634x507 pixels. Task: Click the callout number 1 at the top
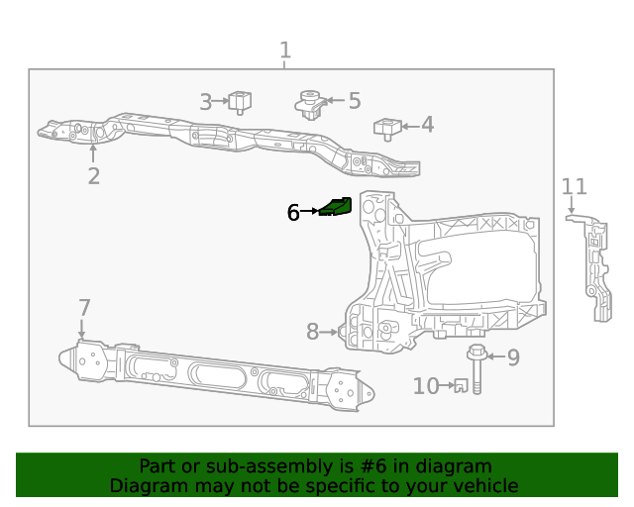(285, 51)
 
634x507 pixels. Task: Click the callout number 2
(93, 176)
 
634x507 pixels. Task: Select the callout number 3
(206, 101)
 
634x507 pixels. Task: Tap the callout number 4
(427, 125)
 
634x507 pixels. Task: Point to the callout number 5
(354, 100)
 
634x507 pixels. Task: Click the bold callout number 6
(293, 212)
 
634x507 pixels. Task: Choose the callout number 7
(84, 308)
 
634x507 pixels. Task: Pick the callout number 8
(312, 333)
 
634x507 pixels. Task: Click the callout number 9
(512, 357)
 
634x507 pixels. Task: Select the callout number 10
(426, 386)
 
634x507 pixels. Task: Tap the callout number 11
(574, 187)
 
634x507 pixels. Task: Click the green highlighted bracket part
(337, 207)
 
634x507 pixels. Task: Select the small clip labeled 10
(460, 386)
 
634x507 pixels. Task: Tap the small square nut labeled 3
(240, 101)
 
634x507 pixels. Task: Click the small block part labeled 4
(385, 128)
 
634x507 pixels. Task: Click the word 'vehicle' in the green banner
(481, 485)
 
